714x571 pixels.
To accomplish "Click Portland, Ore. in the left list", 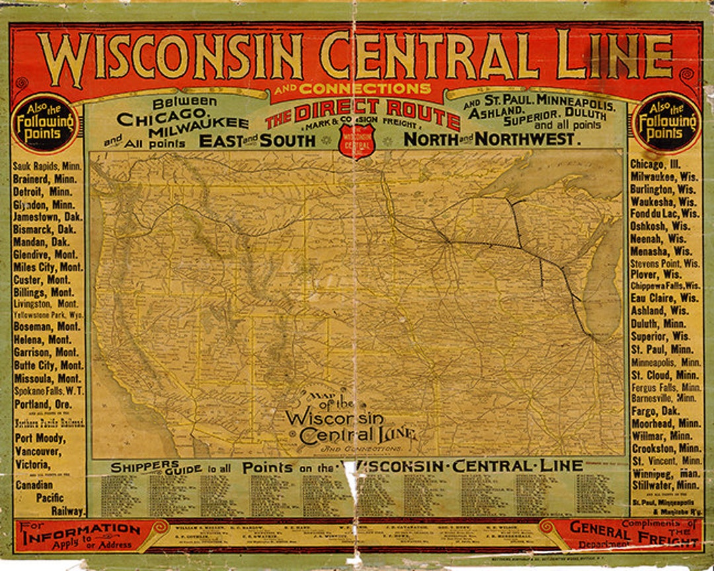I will pyautogui.click(x=40, y=404).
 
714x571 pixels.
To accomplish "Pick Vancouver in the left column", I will pyautogui.click(x=38, y=452).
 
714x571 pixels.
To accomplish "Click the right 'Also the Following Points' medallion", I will pyautogui.click(x=666, y=122).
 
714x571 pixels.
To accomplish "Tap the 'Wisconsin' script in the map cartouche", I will pyautogui.click(x=335, y=418).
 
